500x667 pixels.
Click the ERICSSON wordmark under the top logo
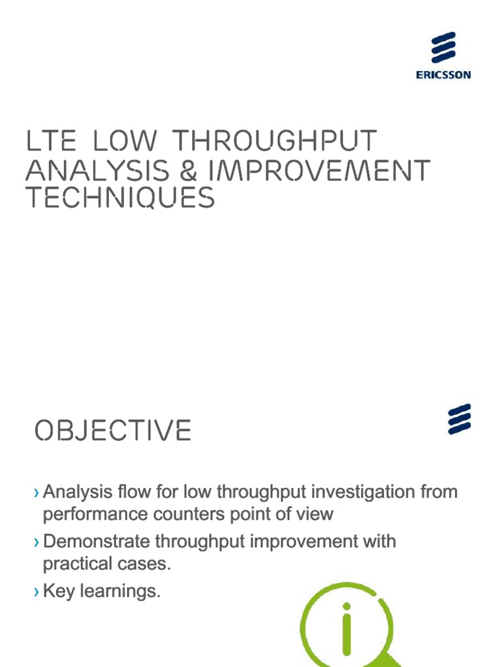(443, 75)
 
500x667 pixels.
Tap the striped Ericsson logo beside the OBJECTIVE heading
(459, 419)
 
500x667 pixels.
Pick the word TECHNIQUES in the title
(120, 197)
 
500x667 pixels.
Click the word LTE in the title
(51, 141)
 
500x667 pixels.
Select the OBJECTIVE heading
(113, 431)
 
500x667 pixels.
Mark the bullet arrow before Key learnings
(36, 592)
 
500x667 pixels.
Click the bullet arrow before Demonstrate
(36, 542)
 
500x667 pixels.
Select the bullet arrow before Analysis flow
(36, 492)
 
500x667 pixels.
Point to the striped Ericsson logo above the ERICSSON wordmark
(443, 48)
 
